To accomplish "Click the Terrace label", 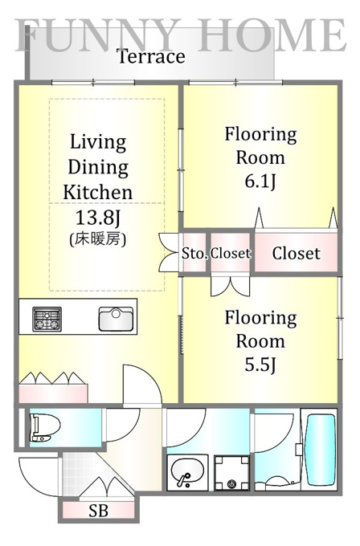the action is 151,56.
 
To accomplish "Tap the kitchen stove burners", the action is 47,319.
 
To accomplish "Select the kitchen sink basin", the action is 116,319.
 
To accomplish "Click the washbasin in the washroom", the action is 187,472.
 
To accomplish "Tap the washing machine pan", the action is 231,472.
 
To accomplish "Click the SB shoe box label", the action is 98,511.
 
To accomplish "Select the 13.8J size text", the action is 98,218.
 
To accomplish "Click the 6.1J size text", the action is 260,181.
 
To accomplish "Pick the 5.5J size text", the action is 260,365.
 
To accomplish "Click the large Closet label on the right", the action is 296,253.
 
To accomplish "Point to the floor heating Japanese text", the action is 98,239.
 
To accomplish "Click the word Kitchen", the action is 98,192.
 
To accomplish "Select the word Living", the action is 98,142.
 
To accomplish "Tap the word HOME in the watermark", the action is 272,35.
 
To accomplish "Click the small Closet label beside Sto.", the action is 231,254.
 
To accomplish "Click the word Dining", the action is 98,168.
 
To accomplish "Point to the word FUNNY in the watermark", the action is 99,35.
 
